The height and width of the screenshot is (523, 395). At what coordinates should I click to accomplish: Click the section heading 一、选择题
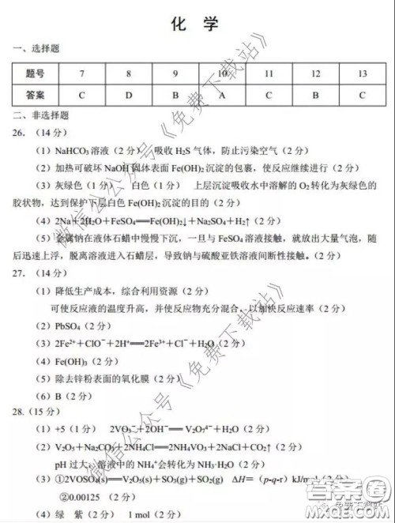click(x=34, y=49)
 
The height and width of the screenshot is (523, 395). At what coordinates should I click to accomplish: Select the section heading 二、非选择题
click(x=39, y=115)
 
